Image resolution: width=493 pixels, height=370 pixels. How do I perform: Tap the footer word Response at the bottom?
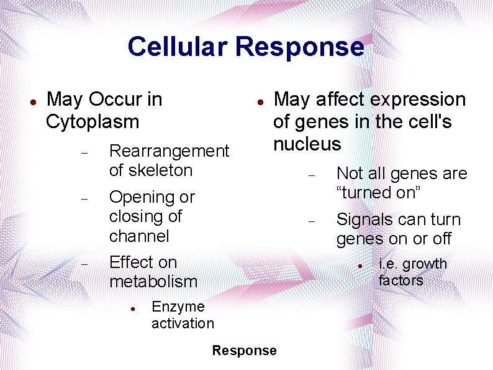244,351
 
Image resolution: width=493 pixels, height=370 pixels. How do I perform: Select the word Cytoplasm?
93,121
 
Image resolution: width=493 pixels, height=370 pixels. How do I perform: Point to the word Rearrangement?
169,151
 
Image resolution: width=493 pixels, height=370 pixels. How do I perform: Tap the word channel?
139,236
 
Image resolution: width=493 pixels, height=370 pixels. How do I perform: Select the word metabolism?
153,282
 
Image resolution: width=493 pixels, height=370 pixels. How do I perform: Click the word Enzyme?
178,307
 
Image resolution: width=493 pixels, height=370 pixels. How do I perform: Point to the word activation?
183,323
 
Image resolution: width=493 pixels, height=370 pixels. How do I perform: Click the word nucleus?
307,144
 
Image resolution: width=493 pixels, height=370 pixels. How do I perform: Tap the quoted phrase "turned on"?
379,193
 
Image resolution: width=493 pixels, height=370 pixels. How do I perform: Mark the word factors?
401,280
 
